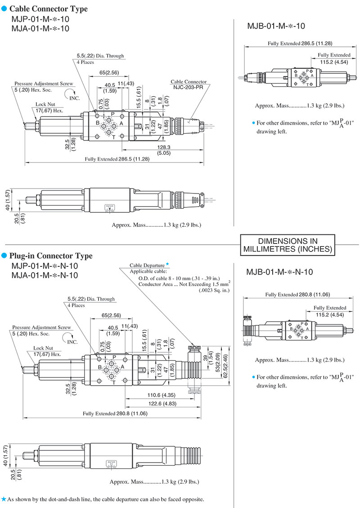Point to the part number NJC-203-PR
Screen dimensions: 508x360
tap(185, 87)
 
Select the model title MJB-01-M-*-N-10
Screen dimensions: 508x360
tap(279, 272)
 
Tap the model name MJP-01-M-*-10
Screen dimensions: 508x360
tap(40, 19)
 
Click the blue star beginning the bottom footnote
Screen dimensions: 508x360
tap(4, 499)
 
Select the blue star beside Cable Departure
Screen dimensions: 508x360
tap(167, 264)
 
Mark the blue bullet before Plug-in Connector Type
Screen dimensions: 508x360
tap(4, 256)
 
